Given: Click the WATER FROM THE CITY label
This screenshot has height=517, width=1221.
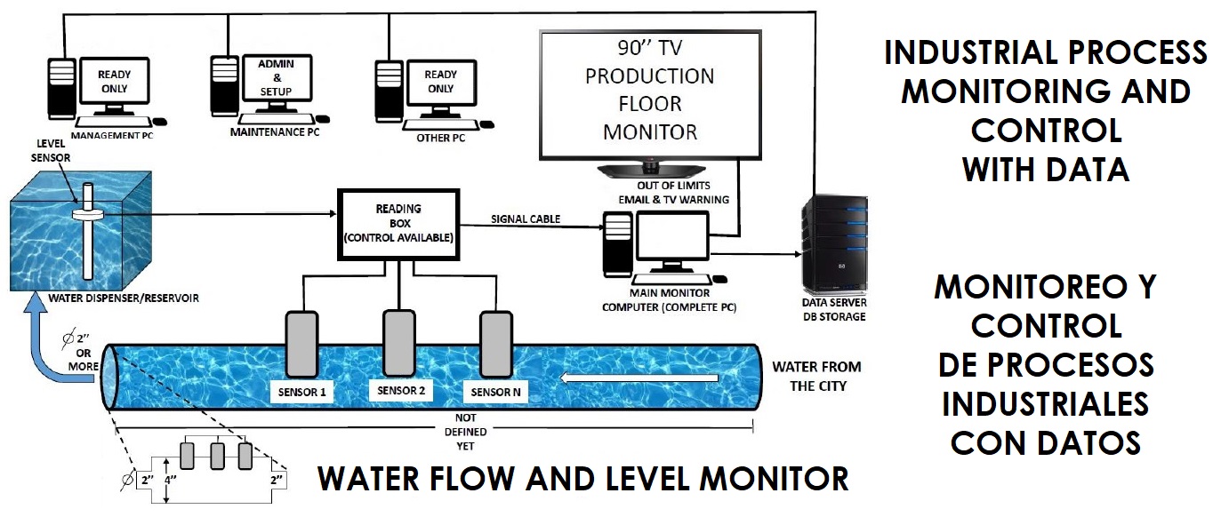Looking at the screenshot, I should [x=815, y=377].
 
